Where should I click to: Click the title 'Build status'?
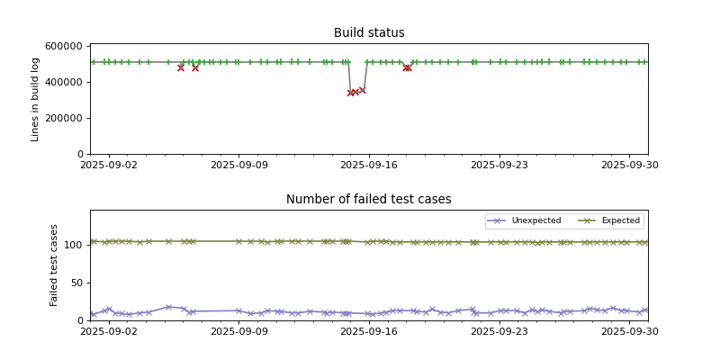click(369, 33)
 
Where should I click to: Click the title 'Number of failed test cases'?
click(369, 200)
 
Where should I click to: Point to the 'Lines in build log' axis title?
click(36, 99)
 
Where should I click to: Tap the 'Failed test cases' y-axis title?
click(54, 265)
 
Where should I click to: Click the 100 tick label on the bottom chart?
click(75, 245)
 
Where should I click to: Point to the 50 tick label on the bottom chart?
click(77, 283)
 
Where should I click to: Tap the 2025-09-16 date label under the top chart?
click(369, 165)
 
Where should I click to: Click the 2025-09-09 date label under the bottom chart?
click(238, 331)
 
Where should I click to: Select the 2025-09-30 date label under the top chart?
click(629, 165)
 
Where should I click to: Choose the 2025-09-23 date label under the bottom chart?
click(499, 331)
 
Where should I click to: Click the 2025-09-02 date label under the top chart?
click(109, 165)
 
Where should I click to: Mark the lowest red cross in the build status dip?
click(351, 93)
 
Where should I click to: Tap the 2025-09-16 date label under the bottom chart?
click(369, 331)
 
